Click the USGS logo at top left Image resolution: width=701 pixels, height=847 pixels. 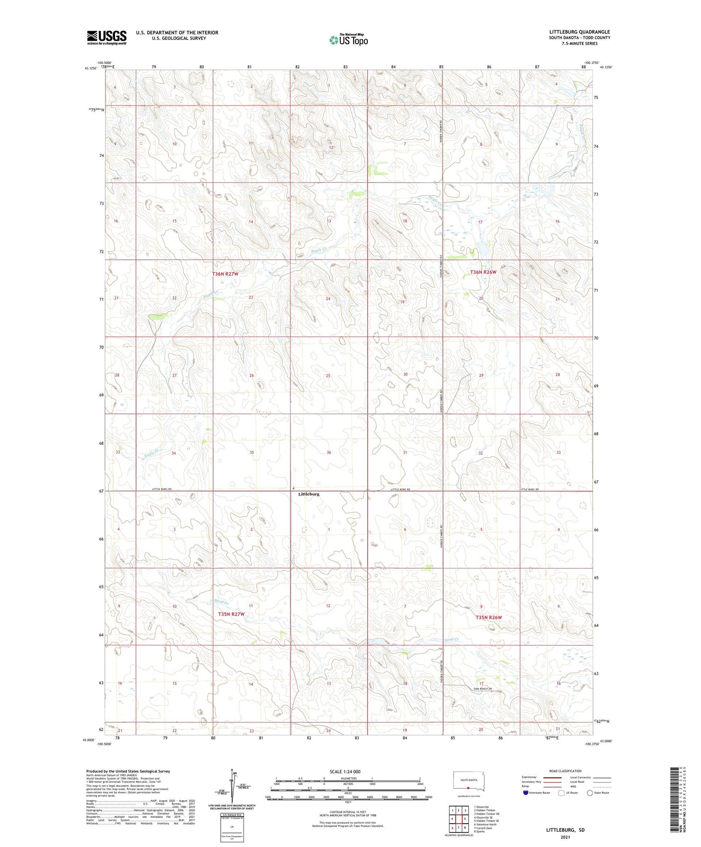point(107,37)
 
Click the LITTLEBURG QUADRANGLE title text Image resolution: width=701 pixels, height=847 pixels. point(579,32)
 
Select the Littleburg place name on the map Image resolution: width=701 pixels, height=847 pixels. point(309,494)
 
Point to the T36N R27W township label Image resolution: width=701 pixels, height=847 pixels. point(225,274)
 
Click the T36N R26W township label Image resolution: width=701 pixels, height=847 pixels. point(483,272)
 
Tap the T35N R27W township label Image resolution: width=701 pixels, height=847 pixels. point(231,614)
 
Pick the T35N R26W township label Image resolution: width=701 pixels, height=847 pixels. point(488,618)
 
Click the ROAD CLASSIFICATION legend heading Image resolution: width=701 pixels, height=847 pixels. point(565,771)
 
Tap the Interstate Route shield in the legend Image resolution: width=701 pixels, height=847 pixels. point(526,793)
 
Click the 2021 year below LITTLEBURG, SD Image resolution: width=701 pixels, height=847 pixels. point(565,837)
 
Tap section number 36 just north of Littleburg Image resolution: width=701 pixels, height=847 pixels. point(329,452)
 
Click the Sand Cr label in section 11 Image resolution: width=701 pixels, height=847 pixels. point(221,602)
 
